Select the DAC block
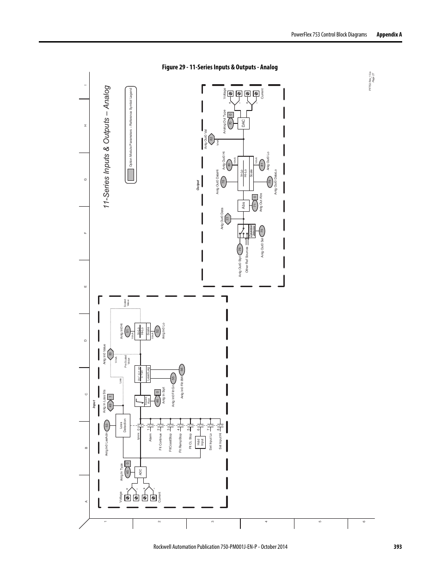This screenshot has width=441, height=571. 243,123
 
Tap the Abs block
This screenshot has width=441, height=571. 243,205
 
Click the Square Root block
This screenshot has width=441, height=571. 141,401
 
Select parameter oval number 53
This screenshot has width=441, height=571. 106,425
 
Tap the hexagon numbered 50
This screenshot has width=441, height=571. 110,354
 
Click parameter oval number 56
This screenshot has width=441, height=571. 182,368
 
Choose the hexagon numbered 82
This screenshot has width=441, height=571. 211,139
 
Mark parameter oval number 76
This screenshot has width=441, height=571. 240,249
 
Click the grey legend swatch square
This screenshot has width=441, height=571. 131,174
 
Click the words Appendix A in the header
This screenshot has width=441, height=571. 389,34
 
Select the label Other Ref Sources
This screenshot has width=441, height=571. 248,260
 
